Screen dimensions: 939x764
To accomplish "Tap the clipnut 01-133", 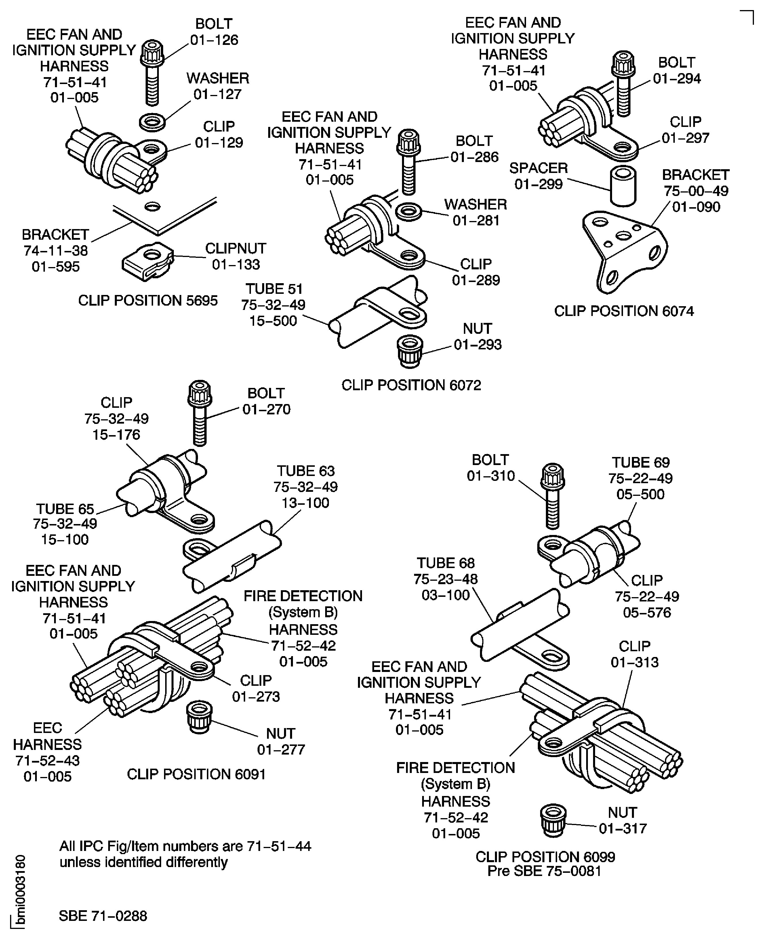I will click(147, 261).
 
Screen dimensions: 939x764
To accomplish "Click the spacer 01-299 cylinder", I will click(623, 186).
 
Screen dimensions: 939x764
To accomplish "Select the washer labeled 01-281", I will click(409, 212).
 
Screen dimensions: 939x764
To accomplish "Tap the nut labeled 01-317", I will click(553, 820).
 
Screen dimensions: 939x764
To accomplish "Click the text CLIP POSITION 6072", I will click(411, 385).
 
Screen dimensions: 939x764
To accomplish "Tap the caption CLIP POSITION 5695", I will click(148, 300).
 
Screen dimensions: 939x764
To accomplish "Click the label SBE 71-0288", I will click(103, 916).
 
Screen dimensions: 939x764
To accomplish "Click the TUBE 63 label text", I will click(305, 471).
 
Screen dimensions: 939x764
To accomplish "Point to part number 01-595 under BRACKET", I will click(56, 267).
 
